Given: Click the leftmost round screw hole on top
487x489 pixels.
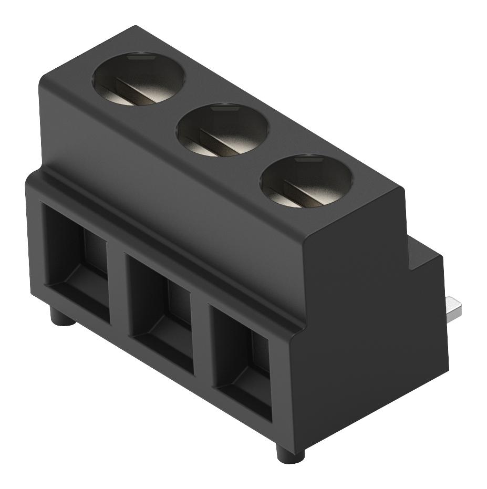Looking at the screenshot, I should (x=140, y=79).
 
